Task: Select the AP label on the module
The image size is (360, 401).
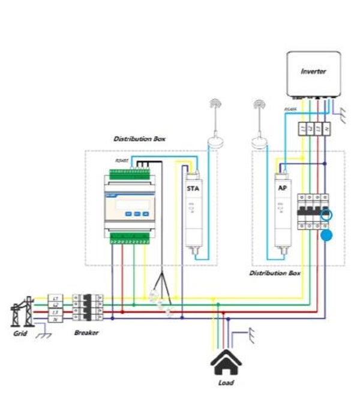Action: coord(281,187)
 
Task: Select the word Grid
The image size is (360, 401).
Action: coord(20,333)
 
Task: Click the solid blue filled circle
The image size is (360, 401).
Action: coord(326,236)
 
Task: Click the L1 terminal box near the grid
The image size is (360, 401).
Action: coord(55,297)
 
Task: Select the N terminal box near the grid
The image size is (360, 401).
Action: coord(55,319)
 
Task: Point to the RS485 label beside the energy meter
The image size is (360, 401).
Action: coord(122,161)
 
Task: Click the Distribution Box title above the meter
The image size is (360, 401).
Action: coord(139,138)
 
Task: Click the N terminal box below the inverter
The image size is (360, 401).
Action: coord(326,128)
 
